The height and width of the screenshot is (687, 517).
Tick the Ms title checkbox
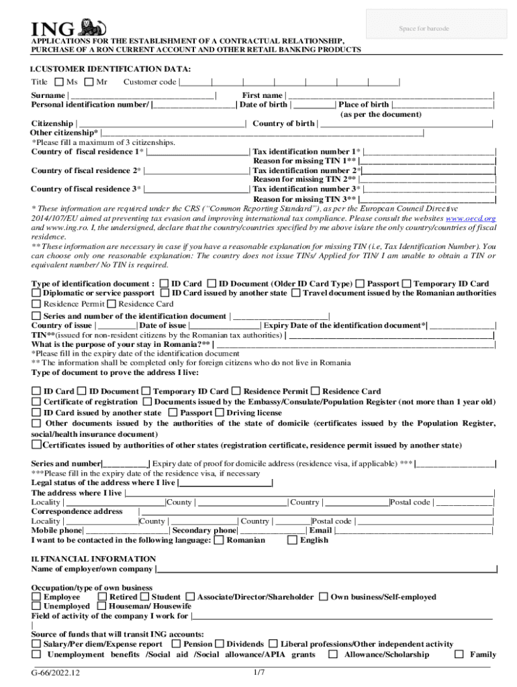[x=58, y=83]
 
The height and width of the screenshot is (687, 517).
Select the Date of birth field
[x=314, y=105]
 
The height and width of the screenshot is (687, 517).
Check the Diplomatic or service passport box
[x=36, y=293]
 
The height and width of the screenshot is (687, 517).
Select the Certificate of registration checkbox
[x=36, y=402]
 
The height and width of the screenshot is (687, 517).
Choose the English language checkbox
[x=291, y=540]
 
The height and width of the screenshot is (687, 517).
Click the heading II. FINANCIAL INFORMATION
[x=93, y=559]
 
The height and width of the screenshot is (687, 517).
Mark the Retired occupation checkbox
[x=102, y=596]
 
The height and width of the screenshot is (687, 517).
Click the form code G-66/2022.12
[x=59, y=673]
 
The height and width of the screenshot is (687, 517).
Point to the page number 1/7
[x=259, y=672]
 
